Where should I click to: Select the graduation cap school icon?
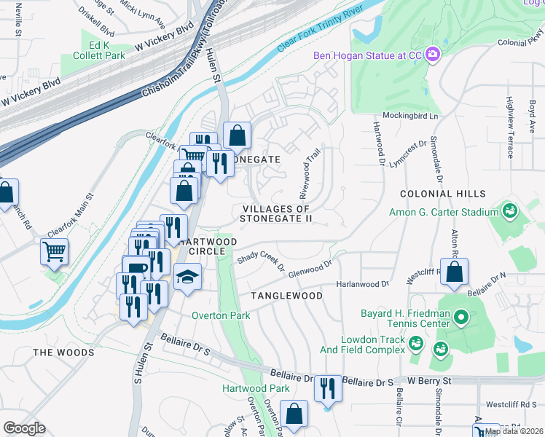click(x=187, y=278)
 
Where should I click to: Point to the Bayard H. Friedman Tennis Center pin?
click(x=460, y=318)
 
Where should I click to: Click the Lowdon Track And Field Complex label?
click(x=372, y=345)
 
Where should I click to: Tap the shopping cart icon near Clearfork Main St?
click(x=55, y=253)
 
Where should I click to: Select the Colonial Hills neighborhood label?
click(x=442, y=194)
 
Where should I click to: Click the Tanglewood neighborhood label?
click(x=286, y=296)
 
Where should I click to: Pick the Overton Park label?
click(x=221, y=315)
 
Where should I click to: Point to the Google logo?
click(x=24, y=428)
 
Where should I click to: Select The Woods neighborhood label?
click(x=63, y=353)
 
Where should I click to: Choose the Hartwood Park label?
click(x=256, y=388)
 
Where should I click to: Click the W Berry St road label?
click(x=430, y=380)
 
